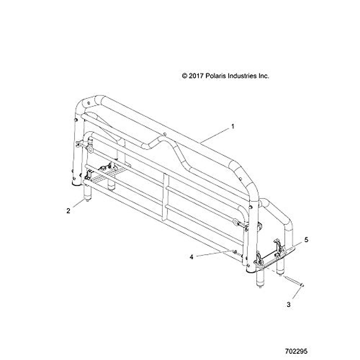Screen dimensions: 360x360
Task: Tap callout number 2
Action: [x=68, y=211]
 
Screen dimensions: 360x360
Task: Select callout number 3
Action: [x=289, y=305]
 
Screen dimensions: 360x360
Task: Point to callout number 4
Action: [x=191, y=257]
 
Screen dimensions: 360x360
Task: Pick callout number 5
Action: [x=306, y=240]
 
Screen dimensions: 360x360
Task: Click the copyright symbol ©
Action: [x=184, y=76]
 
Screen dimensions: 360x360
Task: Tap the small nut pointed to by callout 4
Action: [x=236, y=251]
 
